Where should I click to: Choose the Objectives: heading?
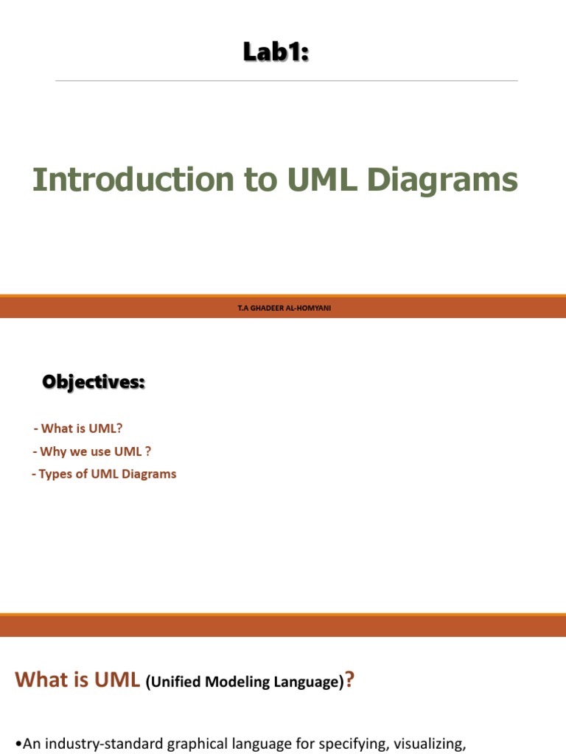coord(94,382)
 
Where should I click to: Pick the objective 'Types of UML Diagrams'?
coord(104,473)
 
